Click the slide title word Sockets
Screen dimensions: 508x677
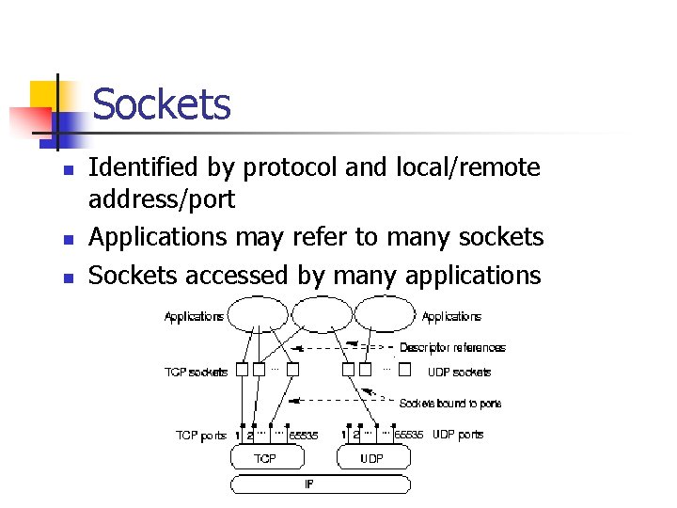(x=162, y=104)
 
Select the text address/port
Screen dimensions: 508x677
(x=162, y=200)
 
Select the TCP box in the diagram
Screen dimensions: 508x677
(x=266, y=458)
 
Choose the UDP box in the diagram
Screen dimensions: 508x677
(x=372, y=458)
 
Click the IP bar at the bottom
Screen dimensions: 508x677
(x=321, y=484)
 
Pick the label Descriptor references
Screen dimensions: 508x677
(x=453, y=348)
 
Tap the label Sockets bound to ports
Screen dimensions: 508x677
(x=450, y=404)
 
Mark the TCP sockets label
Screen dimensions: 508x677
(x=197, y=373)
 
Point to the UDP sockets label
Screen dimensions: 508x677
(x=459, y=373)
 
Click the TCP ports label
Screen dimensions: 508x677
(x=201, y=436)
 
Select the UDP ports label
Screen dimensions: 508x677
(x=458, y=435)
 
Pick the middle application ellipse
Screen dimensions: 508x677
(x=321, y=313)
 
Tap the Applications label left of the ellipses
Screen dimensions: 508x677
(x=195, y=317)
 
